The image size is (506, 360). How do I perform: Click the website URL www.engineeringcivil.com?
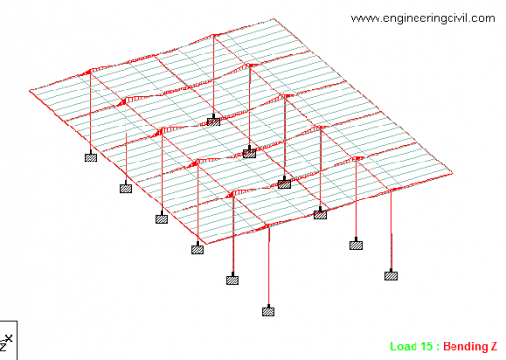tap(422, 18)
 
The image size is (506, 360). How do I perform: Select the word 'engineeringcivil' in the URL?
tap(424, 18)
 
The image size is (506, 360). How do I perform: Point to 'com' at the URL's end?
tap(483, 18)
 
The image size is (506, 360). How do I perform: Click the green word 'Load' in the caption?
tap(404, 346)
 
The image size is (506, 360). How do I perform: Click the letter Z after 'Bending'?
tap(495, 346)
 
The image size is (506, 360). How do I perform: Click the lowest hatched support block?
tap(268, 311)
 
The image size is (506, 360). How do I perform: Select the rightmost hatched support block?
tap(391, 275)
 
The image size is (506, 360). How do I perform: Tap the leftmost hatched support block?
tap(90, 155)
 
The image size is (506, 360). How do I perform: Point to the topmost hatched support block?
tap(213, 122)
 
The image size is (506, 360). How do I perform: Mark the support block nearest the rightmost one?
tap(357, 245)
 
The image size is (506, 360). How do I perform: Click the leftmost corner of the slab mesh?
tap(31, 92)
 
